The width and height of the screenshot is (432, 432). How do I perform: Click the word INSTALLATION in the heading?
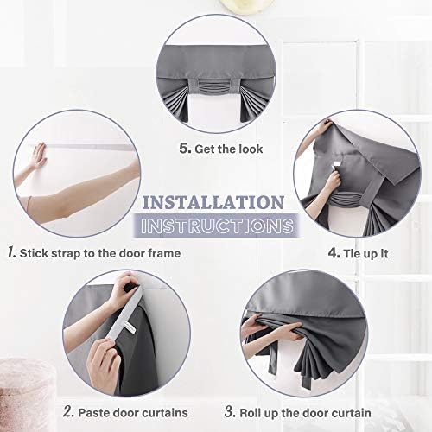click(x=213, y=202)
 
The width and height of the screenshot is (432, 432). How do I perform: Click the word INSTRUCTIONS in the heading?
click(x=217, y=226)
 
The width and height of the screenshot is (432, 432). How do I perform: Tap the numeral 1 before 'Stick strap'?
click(x=11, y=252)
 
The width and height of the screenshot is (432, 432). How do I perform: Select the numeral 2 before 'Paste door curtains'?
click(x=68, y=411)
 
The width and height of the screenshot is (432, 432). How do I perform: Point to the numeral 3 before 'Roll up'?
click(x=230, y=411)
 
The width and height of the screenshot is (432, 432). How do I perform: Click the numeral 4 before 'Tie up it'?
click(x=334, y=253)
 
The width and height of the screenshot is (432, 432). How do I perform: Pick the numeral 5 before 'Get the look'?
click(x=185, y=148)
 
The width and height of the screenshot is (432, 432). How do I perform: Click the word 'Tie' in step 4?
click(x=352, y=253)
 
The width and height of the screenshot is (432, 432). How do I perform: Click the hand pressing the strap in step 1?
click(x=39, y=156)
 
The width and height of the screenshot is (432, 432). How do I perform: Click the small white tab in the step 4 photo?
click(x=337, y=167)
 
